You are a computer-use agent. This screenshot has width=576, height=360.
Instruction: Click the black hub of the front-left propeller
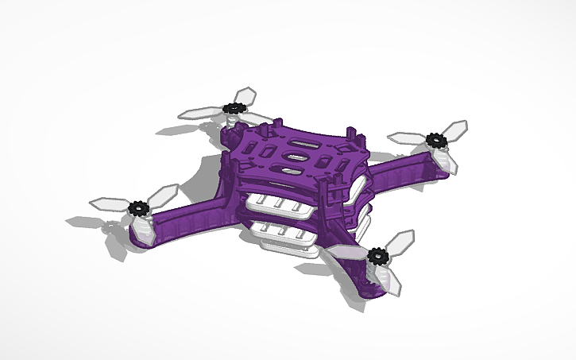click(139, 210)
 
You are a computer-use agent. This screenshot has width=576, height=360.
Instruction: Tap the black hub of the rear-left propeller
click(234, 108)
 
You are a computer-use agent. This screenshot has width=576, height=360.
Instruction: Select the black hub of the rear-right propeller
click(435, 141)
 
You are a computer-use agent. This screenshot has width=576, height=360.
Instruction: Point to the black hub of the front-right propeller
click(376, 255)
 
